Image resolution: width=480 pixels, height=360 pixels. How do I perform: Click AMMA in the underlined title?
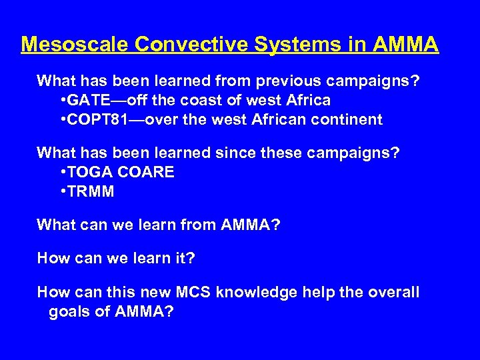(x=405, y=45)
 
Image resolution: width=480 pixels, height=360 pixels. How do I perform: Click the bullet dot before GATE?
(x=61, y=101)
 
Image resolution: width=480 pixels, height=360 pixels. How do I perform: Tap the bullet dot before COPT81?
(x=61, y=120)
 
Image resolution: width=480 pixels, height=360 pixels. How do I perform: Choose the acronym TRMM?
(x=90, y=192)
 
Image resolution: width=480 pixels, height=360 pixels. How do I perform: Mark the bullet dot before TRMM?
(x=61, y=192)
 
